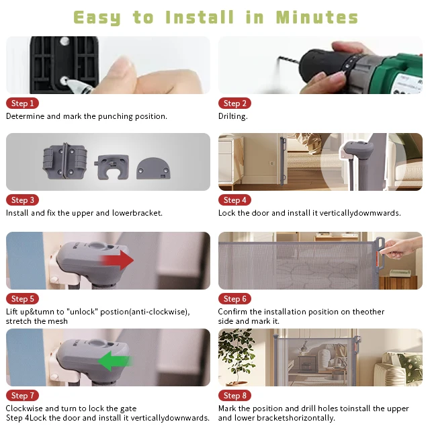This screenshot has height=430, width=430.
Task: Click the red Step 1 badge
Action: (x=22, y=103)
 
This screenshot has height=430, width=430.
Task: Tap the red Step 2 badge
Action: (x=235, y=103)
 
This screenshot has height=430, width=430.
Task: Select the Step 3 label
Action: (x=22, y=200)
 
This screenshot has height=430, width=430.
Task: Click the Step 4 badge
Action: (x=235, y=200)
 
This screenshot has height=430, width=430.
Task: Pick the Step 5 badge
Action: (x=22, y=299)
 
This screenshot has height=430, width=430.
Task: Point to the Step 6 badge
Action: (x=235, y=299)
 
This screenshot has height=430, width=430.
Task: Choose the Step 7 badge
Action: (x=22, y=396)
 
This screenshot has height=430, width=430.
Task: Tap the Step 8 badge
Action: (x=235, y=396)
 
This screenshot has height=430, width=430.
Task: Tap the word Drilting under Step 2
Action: (x=232, y=116)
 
